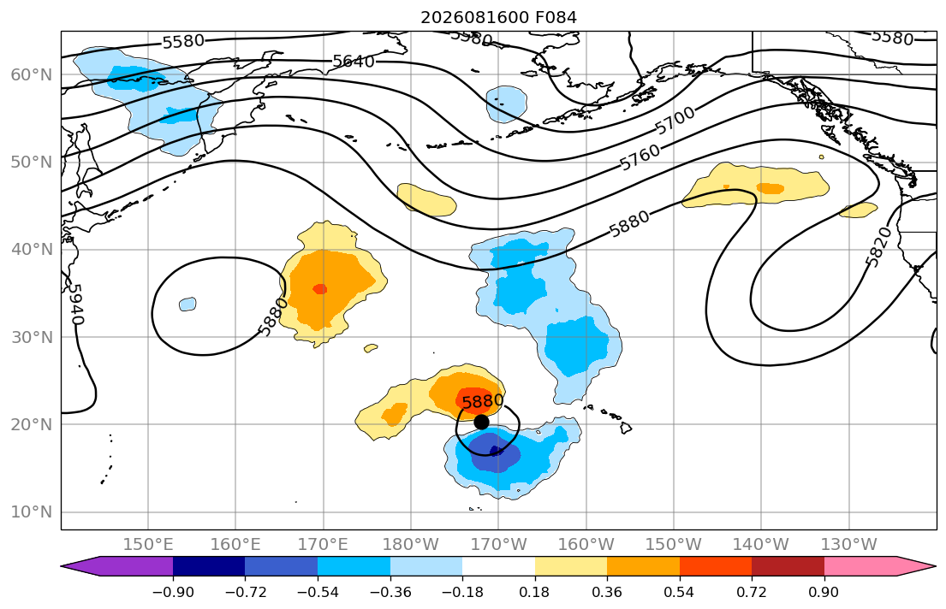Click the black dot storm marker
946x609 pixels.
[481, 422]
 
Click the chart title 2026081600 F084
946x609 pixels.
[498, 17]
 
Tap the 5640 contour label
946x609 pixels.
[354, 61]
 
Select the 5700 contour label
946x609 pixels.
[675, 121]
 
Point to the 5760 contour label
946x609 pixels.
[640, 158]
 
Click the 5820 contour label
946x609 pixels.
[878, 246]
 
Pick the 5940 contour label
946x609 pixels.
[74, 304]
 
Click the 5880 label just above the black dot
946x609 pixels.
[483, 400]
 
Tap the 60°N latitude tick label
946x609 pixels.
[32, 74]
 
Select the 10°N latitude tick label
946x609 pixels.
[32, 512]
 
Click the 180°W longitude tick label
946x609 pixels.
[411, 545]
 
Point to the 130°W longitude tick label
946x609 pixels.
[849, 545]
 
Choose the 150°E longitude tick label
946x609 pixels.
[148, 545]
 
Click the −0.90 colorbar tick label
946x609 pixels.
[173, 592]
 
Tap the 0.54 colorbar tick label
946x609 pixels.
[680, 592]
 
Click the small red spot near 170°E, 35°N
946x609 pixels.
[320, 289]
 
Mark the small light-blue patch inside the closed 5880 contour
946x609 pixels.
[187, 304]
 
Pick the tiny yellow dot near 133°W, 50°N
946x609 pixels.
[822, 157]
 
